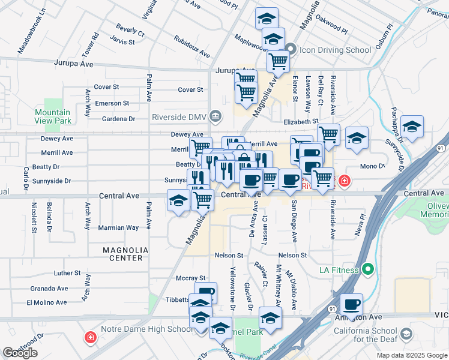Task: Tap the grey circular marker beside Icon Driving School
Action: point(292,49)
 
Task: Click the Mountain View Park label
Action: point(52,116)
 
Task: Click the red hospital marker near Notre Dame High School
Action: point(91,338)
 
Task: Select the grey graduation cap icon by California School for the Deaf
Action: point(406,334)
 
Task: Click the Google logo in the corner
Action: point(20,353)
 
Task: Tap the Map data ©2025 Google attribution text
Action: point(411,355)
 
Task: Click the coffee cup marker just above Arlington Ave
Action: point(351,303)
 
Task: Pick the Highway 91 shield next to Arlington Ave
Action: point(331,308)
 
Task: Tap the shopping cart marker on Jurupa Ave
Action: point(278,61)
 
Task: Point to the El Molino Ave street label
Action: point(47,302)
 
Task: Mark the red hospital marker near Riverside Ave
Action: point(344,180)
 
